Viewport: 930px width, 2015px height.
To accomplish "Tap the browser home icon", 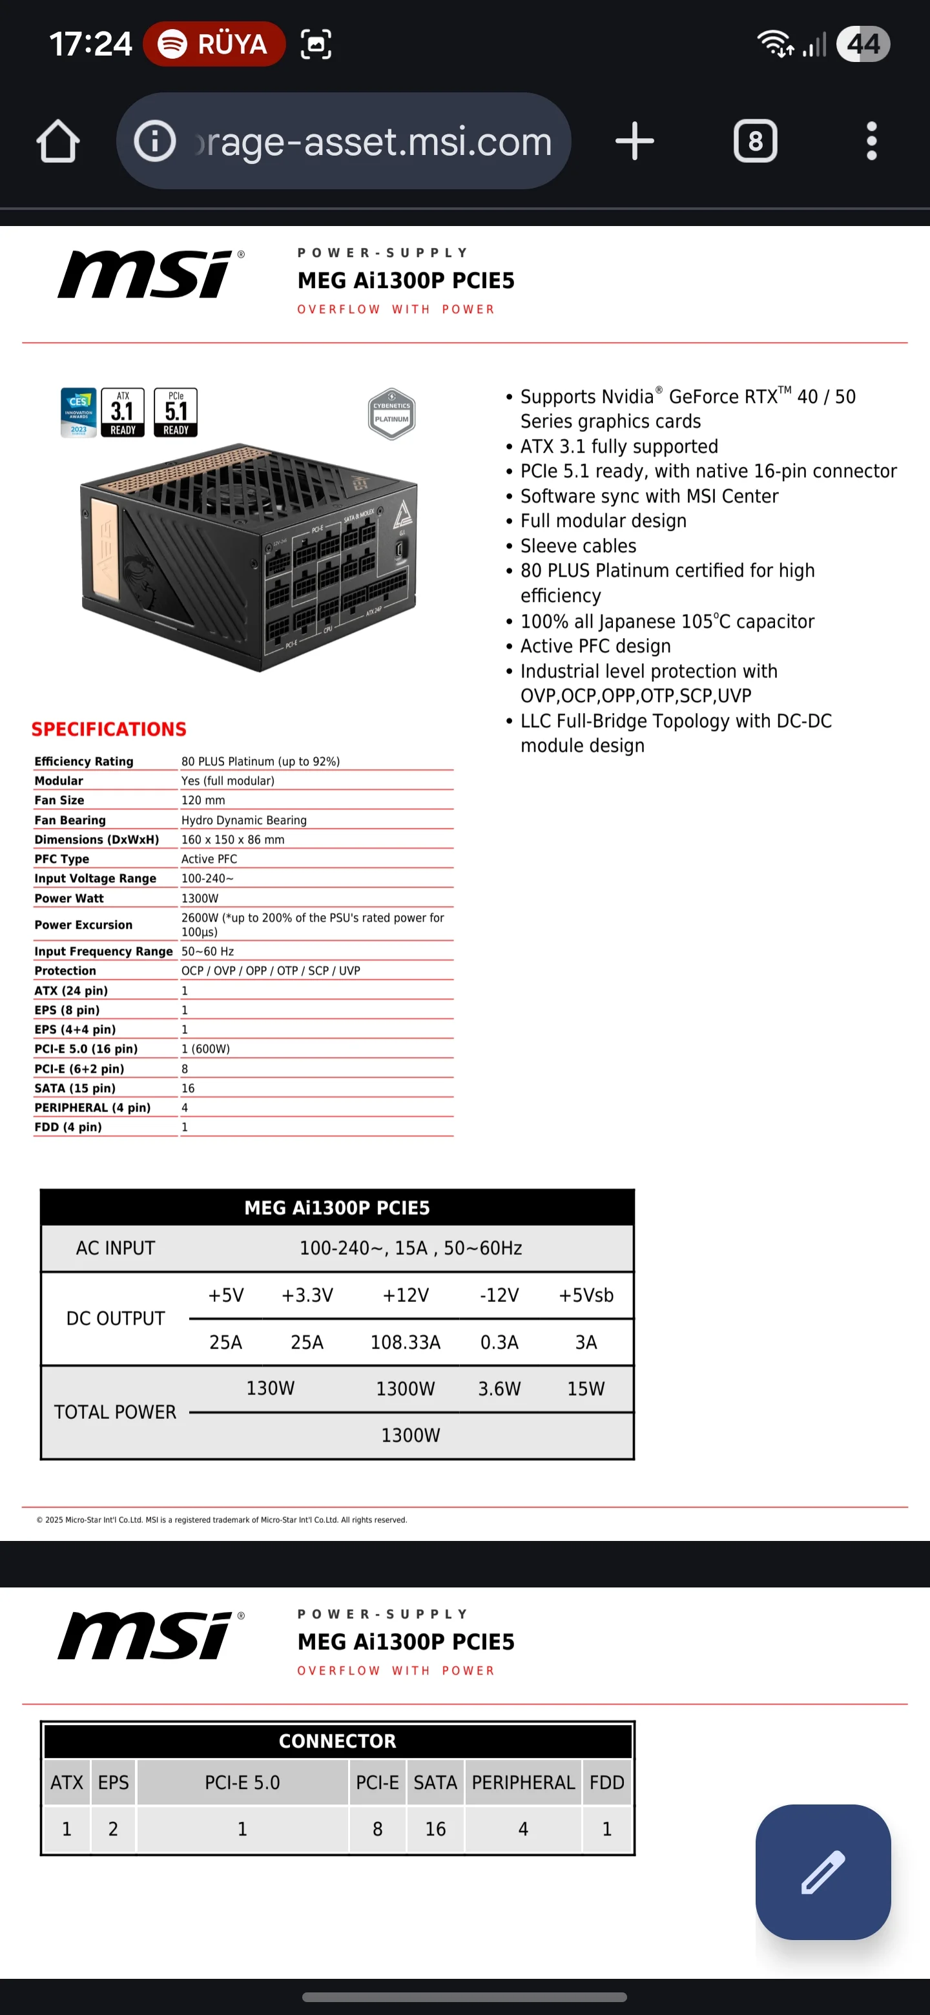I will coord(58,141).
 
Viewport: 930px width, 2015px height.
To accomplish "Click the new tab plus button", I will coord(634,141).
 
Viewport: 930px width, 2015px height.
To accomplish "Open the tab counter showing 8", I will coord(755,141).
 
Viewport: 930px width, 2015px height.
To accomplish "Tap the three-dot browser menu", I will coord(871,141).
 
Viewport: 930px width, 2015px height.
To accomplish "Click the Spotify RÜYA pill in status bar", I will coord(214,44).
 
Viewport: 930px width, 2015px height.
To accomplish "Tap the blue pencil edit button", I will coord(823,1871).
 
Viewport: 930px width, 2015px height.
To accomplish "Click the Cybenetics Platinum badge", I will coord(391,413).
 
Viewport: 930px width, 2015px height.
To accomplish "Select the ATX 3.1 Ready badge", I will coord(123,412).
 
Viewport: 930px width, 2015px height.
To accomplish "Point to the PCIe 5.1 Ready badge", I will coord(176,412).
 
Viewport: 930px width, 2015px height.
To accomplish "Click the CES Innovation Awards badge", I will coord(78,412).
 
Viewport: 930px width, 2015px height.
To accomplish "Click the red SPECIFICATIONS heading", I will coord(108,729).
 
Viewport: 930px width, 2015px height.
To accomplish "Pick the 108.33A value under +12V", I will coord(405,1342).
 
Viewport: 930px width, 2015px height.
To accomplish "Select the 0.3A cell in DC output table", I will coord(499,1342).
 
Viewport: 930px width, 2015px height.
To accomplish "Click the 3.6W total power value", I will coord(499,1389).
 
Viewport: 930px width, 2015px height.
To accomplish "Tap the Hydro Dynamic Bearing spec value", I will coord(244,820).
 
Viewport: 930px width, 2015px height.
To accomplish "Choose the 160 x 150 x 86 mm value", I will coord(233,840).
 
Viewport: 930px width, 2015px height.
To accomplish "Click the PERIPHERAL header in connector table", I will coord(523,1782).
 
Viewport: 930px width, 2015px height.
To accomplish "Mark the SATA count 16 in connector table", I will coord(435,1829).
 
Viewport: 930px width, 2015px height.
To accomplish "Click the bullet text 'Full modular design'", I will coord(603,521).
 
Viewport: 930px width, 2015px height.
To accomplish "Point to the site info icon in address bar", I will coord(155,141).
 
